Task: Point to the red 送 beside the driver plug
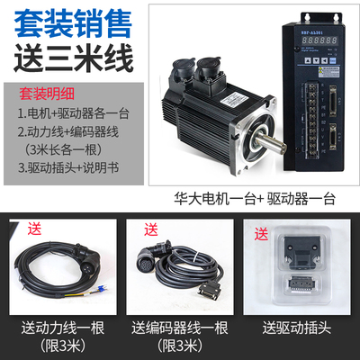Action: pyautogui.click(x=261, y=236)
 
